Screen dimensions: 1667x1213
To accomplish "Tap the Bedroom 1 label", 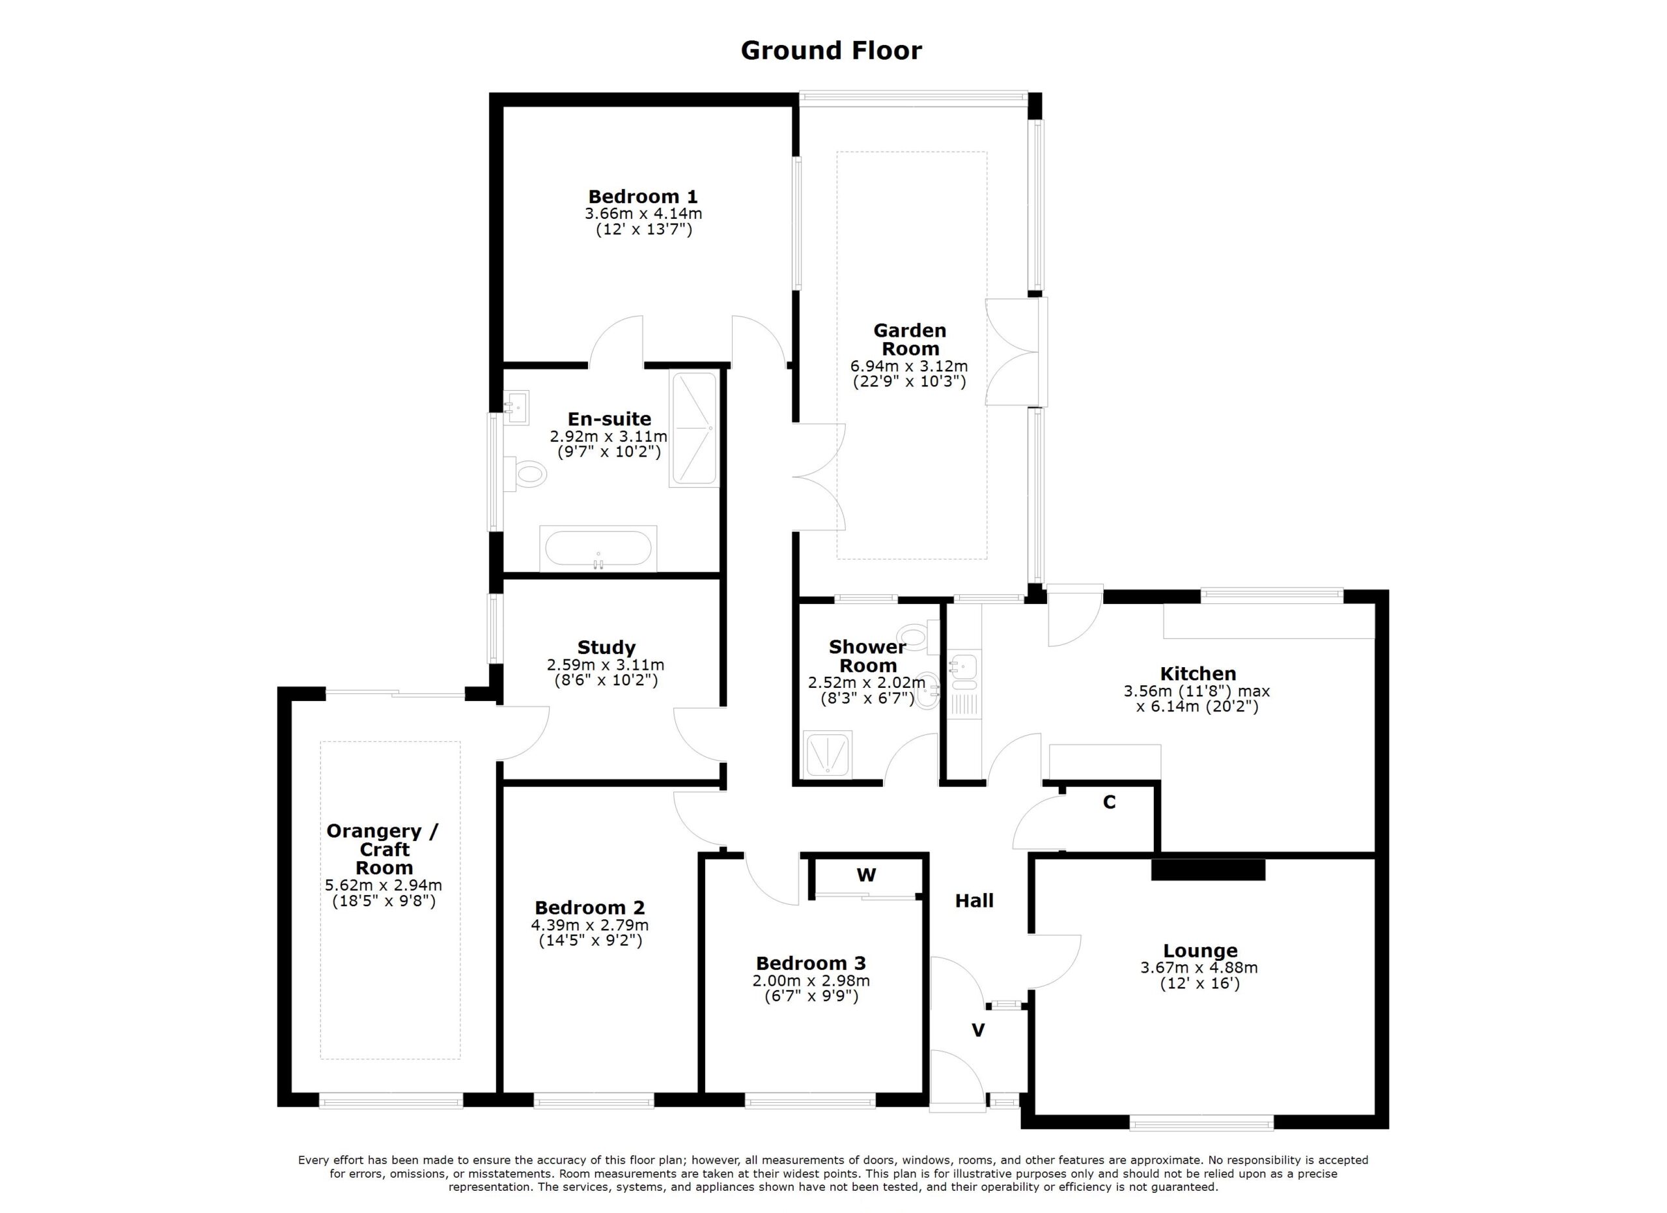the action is pyautogui.click(x=643, y=196).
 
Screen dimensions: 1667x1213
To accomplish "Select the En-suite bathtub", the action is pyautogui.click(x=598, y=549).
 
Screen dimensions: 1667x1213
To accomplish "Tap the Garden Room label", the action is pyautogui.click(x=910, y=339).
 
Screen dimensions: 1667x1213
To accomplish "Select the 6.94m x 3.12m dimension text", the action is pyautogui.click(x=909, y=366).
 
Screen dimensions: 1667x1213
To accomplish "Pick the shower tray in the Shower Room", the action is pyautogui.click(x=828, y=754).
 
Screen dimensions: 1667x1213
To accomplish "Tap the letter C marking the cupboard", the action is pyautogui.click(x=1109, y=802).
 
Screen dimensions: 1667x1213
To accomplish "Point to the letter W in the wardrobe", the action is pyautogui.click(x=867, y=875).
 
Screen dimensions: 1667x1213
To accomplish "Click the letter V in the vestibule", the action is pyautogui.click(x=978, y=1031).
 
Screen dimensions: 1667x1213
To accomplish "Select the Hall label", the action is pyautogui.click(x=974, y=900).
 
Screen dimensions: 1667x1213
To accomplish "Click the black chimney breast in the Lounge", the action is pyautogui.click(x=1209, y=870).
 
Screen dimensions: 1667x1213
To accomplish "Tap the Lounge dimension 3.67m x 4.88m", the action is pyautogui.click(x=1199, y=967).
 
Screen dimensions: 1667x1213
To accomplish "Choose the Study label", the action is pyautogui.click(x=606, y=647).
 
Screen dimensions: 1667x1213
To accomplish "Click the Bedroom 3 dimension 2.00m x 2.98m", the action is pyautogui.click(x=811, y=980).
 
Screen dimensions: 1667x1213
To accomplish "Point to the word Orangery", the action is pyautogui.click(x=375, y=831).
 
